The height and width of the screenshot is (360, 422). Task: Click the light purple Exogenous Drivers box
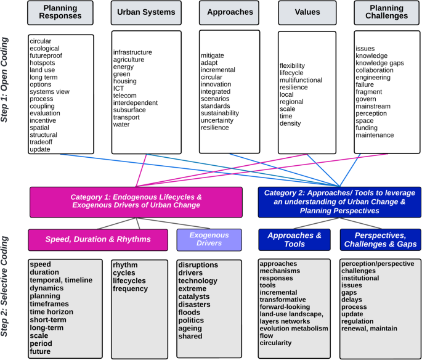click(208, 239)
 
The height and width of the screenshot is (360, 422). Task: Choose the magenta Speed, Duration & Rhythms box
click(98, 240)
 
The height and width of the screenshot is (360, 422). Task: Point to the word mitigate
click(213, 55)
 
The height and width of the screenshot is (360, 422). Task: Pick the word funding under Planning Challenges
click(368, 127)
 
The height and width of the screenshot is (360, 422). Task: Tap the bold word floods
click(190, 313)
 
